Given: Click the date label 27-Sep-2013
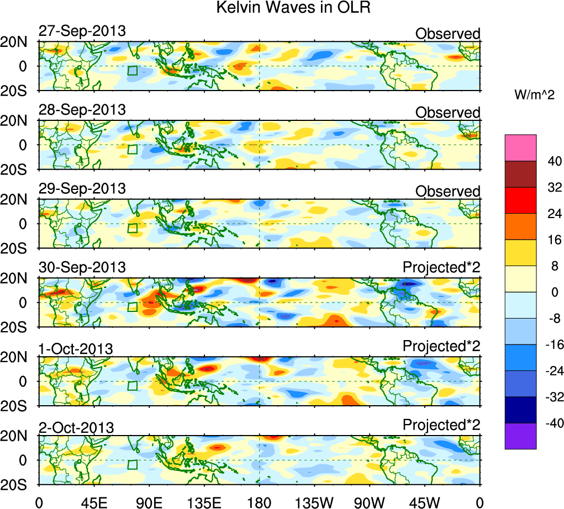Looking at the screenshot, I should [82, 31].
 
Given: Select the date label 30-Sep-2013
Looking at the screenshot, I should [82, 268].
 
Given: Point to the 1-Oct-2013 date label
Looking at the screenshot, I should [76, 348].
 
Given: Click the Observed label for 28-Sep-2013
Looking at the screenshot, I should [448, 113].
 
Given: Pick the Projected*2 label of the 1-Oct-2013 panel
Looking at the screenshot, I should [441, 346].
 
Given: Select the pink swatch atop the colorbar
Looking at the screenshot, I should [520, 147].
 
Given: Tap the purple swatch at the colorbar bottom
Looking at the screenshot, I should [520, 436].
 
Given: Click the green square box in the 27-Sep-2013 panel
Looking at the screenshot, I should [132, 71].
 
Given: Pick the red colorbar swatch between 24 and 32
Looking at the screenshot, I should [520, 200].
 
